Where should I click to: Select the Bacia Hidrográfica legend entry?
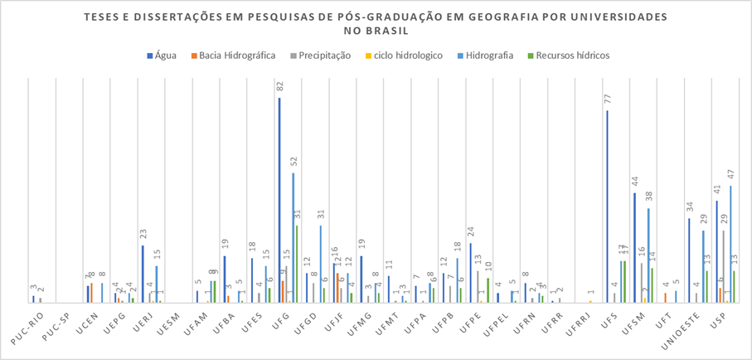(x=237, y=56)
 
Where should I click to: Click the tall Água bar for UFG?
(x=279, y=199)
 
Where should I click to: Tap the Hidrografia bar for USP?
(x=730, y=244)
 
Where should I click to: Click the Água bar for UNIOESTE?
(x=689, y=260)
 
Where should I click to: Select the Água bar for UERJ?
(x=143, y=274)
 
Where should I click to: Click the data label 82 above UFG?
(x=280, y=87)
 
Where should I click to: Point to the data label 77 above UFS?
(x=608, y=100)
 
